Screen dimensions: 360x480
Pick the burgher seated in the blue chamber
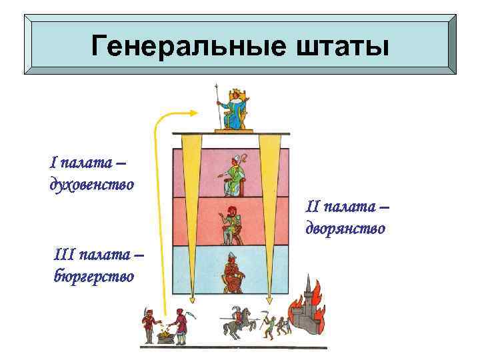point(233,273)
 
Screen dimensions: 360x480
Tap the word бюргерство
point(93,274)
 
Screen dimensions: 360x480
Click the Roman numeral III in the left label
point(65,255)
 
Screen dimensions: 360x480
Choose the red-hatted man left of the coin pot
point(148,323)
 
